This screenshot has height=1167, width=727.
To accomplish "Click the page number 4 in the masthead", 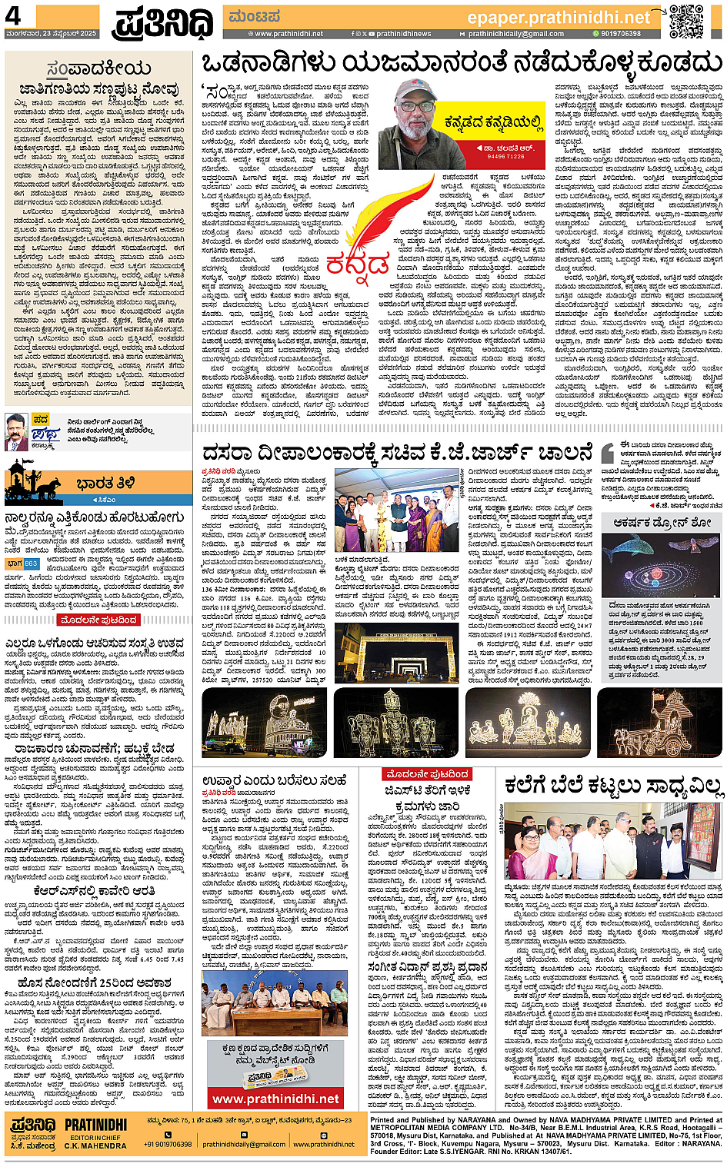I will pos(13,15).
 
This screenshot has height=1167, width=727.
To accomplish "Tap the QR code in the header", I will pos(685,21).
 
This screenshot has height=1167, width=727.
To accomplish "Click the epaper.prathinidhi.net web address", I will pos(559,17).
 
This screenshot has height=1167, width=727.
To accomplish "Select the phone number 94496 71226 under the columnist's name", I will pos(505,156).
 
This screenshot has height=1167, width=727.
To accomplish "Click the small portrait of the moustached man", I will pos(16,431).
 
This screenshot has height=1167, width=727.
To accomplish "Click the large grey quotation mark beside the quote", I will pos(607,453).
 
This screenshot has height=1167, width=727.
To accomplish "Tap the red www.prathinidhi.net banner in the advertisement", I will pos(275,1099).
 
